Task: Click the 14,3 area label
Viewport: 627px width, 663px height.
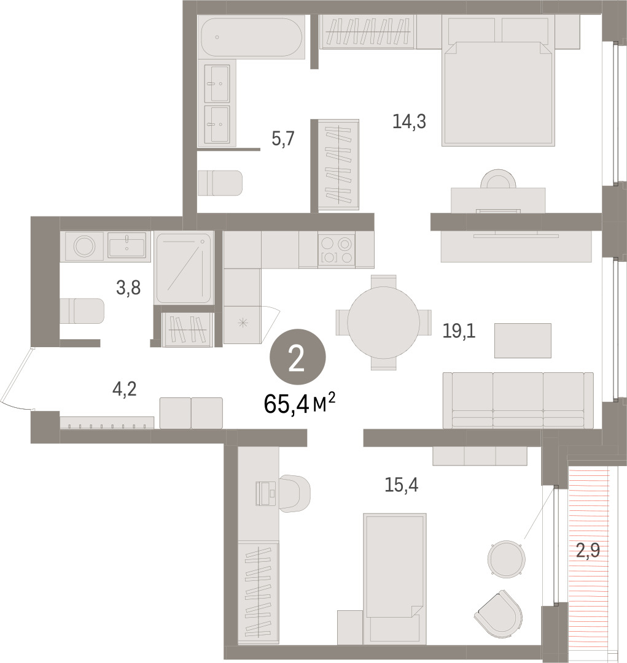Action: coord(409,122)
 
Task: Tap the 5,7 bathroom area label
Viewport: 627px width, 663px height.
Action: coord(283,139)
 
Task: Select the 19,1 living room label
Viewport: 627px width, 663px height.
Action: coord(459,331)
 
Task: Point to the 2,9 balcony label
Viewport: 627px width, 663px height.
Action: coord(588,551)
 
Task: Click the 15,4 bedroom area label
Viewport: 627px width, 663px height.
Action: coord(402,485)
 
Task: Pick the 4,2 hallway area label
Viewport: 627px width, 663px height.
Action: coord(125,389)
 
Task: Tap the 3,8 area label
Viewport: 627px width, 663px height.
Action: coord(128,288)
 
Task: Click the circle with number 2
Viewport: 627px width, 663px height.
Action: coord(298,358)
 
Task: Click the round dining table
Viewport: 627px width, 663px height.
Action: coord(384,323)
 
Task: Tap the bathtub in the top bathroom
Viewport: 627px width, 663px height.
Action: coord(252,37)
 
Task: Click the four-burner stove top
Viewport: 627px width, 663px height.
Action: coord(337,250)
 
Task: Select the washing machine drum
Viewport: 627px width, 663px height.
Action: coord(84,246)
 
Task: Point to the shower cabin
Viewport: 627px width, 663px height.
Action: coord(184,268)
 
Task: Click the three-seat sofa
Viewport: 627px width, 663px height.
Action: coord(518,400)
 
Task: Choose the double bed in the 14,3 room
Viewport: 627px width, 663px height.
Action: coord(498,93)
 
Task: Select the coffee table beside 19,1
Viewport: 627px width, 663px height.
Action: coord(523,340)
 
